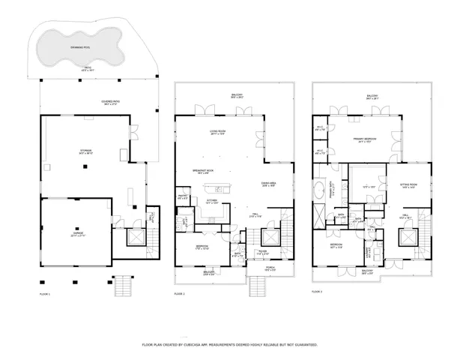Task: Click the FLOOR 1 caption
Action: (x=45, y=294)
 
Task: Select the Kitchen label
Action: (x=212, y=200)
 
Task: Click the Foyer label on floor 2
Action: (x=263, y=252)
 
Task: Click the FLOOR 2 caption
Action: (x=180, y=294)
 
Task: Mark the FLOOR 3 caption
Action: (x=317, y=290)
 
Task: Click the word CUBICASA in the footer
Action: (x=214, y=345)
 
